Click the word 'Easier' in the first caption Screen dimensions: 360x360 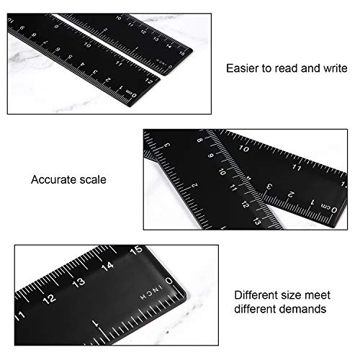[x=240, y=68]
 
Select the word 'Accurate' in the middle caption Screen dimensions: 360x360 [x=52, y=179]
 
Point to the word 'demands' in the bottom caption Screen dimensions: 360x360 [x=305, y=309]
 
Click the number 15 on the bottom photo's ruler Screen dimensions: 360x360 [x=135, y=251]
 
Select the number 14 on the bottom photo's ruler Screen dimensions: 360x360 [x=107, y=266]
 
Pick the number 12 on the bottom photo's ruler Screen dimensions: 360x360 [x=49, y=297]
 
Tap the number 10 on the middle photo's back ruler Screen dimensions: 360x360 [x=245, y=149]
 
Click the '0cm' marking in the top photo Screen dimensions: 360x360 [x=131, y=93]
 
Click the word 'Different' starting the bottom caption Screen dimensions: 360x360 [x=255, y=294]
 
